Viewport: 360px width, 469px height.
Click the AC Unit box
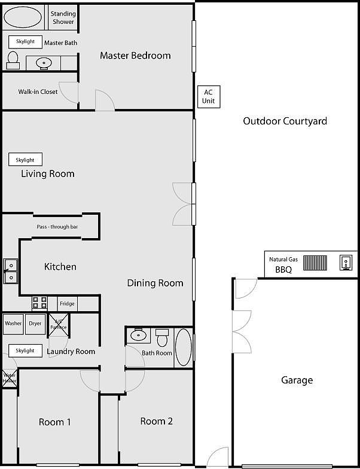click(x=208, y=96)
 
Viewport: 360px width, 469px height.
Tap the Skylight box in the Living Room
click(x=25, y=160)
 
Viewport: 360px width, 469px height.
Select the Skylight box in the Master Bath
click(x=25, y=42)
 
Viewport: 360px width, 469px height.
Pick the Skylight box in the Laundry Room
click(x=25, y=351)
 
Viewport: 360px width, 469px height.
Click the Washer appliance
click(x=13, y=324)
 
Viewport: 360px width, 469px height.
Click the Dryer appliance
click(x=35, y=324)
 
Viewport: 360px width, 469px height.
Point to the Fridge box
click(x=68, y=304)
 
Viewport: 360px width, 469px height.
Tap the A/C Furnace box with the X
click(x=59, y=324)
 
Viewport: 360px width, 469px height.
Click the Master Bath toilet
click(x=13, y=60)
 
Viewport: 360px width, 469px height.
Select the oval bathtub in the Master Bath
click(x=23, y=17)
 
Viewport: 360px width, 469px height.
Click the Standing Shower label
click(x=63, y=18)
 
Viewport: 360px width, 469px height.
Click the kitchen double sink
click(x=10, y=271)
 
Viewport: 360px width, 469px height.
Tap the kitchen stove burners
click(x=40, y=303)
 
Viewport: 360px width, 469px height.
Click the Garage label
click(x=297, y=380)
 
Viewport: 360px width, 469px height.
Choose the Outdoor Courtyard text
click(x=285, y=121)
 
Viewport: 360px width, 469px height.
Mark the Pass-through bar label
click(x=57, y=227)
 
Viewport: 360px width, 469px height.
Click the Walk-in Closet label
click(x=38, y=92)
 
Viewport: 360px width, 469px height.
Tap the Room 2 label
click(x=157, y=421)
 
